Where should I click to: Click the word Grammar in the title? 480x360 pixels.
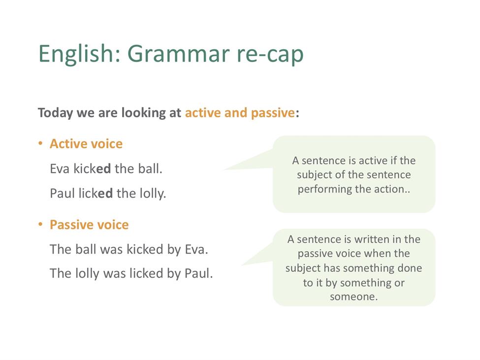[178, 54]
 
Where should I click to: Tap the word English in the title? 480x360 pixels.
[80, 53]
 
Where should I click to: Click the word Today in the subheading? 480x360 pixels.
[56, 113]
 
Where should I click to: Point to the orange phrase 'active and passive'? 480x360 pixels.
[240, 113]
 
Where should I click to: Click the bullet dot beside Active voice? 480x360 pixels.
[40, 143]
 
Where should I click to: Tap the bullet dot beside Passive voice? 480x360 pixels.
[40, 225]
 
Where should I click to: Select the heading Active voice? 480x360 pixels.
[86, 144]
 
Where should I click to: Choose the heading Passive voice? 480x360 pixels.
[89, 225]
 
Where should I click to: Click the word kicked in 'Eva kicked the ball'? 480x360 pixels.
[92, 169]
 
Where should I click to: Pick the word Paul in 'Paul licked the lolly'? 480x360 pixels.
[62, 194]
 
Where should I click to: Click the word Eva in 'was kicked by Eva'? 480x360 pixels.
[196, 249]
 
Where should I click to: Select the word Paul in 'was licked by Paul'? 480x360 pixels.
[198, 273]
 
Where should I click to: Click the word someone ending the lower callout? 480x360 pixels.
[353, 296]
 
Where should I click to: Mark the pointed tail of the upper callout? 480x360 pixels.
[224, 169]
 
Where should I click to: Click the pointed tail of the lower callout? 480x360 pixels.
[242, 265]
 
